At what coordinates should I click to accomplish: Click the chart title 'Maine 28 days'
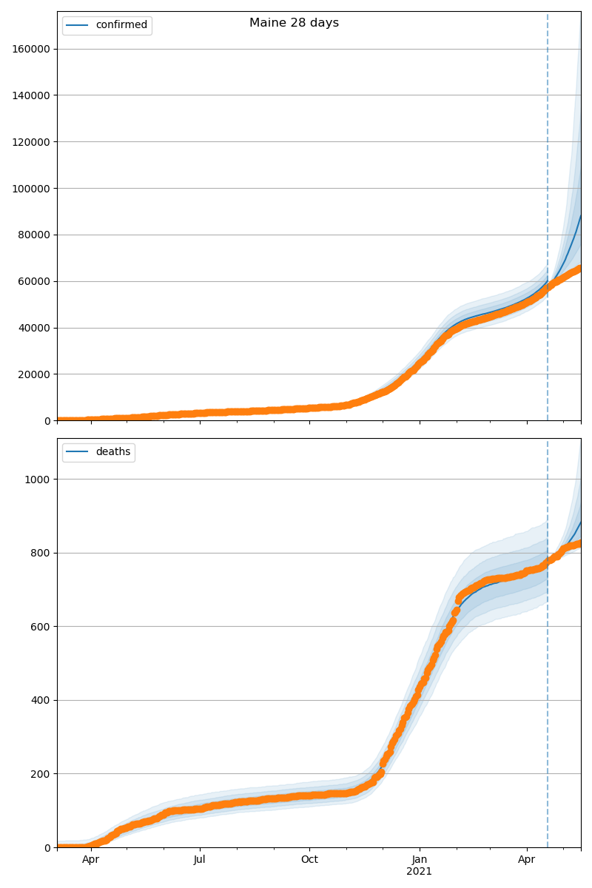[x=294, y=23]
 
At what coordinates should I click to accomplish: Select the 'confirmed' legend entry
[x=121, y=25]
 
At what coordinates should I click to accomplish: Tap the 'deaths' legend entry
[x=112, y=452]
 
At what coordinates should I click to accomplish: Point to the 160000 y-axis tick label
[x=32, y=49]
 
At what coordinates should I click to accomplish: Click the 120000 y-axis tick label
[x=32, y=142]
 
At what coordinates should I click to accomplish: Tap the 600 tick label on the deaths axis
[x=41, y=627]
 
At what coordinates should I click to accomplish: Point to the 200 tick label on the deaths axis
[x=41, y=774]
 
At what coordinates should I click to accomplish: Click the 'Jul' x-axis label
[x=200, y=860]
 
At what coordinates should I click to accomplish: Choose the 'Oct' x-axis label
[x=309, y=860]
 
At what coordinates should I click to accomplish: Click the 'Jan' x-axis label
[x=420, y=860]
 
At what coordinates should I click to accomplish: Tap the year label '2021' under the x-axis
[x=420, y=872]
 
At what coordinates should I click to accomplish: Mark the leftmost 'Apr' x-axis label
[x=91, y=860]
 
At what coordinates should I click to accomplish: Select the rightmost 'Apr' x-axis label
[x=527, y=860]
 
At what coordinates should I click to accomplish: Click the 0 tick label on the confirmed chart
[x=47, y=421]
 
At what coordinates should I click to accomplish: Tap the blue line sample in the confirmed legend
[x=77, y=25]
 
